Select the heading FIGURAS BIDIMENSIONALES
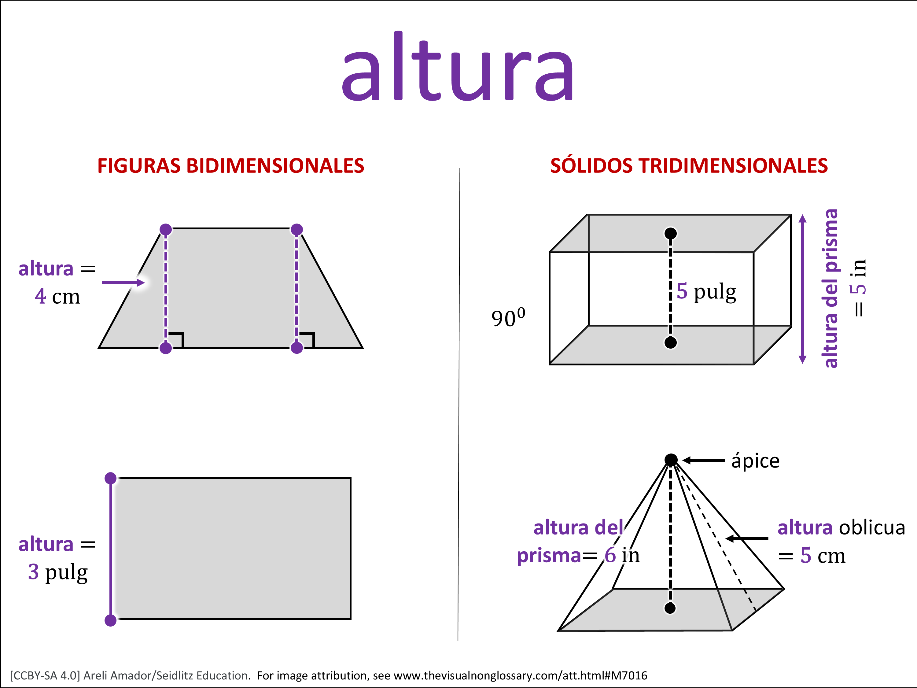click(230, 166)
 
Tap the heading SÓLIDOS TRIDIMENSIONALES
click(689, 166)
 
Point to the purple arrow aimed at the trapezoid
click(123, 283)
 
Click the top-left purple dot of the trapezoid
click(166, 229)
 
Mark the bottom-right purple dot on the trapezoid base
click(297, 348)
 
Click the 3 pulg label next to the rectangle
click(58, 572)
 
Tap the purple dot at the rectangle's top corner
click(111, 478)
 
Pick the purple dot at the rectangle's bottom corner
click(111, 620)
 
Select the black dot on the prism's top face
click(671, 234)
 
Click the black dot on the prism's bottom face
click(671, 342)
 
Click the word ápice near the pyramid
click(755, 461)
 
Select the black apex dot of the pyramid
click(671, 460)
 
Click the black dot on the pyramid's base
click(670, 608)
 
